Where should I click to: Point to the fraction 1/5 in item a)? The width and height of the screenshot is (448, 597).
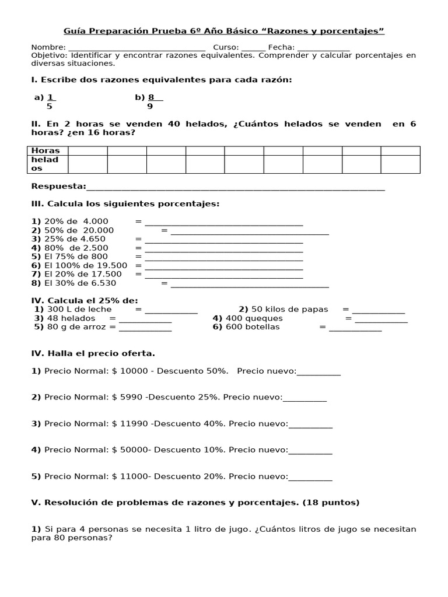point(50,102)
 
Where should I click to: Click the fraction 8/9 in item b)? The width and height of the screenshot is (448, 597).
point(152,102)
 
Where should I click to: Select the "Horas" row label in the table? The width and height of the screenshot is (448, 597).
point(45,151)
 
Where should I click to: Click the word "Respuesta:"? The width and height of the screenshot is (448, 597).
point(58,187)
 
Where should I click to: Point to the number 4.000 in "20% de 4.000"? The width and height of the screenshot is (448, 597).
point(96,221)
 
